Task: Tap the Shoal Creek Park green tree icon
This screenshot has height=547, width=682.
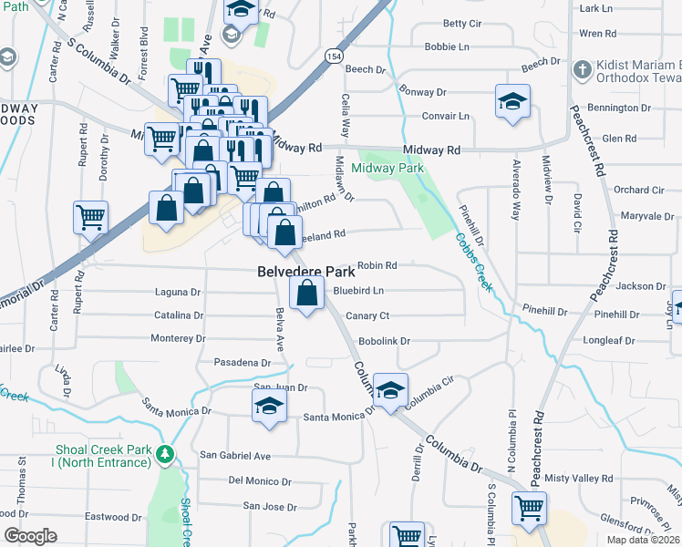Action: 164,453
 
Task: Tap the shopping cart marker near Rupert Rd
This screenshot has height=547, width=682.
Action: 91,217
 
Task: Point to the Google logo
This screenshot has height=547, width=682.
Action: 30,536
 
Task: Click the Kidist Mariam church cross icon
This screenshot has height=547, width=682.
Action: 581,68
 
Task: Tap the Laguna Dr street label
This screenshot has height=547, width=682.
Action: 178,293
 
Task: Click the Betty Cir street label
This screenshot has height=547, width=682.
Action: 461,23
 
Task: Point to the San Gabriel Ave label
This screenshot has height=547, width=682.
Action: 235,455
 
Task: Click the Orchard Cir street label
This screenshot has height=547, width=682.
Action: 638,190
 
